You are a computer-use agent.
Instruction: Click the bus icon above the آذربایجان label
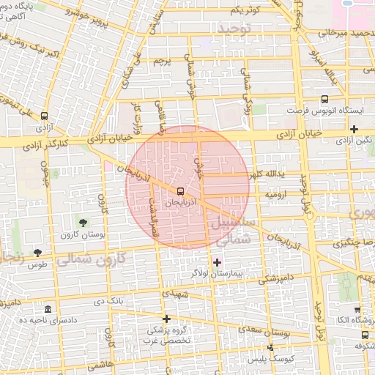point(181,190)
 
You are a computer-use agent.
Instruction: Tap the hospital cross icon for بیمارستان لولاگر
point(217,261)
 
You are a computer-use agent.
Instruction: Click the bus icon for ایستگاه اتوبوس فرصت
point(324,100)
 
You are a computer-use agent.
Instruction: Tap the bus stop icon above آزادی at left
point(45,116)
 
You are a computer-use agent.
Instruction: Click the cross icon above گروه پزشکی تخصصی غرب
point(167,319)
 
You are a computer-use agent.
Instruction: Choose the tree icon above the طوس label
point(37,253)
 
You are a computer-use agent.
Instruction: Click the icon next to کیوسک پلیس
point(270,347)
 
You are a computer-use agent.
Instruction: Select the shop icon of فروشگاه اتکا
point(357,310)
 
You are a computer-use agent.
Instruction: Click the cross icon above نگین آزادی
point(354,129)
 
